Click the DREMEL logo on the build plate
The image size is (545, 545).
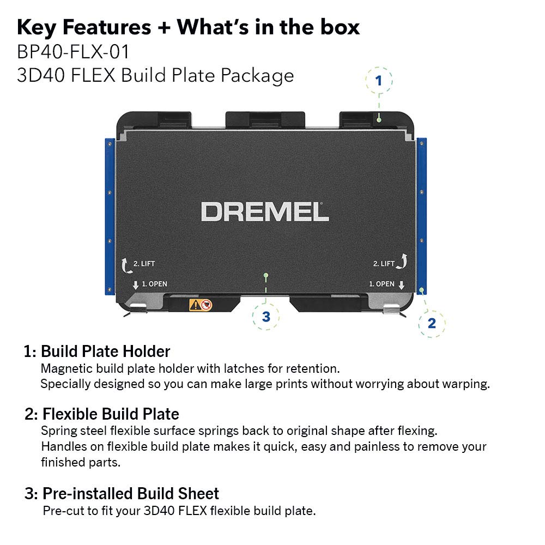click(265, 211)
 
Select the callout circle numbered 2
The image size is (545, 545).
click(432, 323)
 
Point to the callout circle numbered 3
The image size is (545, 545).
click(266, 317)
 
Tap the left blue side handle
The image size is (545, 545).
click(109, 215)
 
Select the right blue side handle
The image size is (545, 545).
click(422, 215)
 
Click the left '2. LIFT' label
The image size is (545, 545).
click(144, 264)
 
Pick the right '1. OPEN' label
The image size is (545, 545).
click(381, 284)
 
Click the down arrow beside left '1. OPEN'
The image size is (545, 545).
click(136, 284)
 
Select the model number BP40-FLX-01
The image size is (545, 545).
click(73, 52)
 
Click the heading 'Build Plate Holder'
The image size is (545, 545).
click(105, 351)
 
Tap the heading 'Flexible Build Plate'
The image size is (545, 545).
click(111, 414)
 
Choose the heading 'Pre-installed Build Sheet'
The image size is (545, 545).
click(130, 494)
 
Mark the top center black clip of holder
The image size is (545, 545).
click(265, 119)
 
